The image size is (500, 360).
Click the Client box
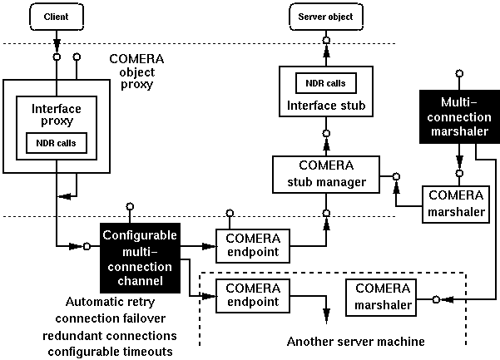[x=57, y=16]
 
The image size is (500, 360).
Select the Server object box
[x=325, y=16]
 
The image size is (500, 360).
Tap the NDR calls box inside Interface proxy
[x=57, y=141]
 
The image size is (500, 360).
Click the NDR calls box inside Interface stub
[x=326, y=83]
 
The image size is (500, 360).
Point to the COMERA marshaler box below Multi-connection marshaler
[x=454, y=204]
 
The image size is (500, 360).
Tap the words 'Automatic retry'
[x=109, y=302]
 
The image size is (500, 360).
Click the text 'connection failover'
[x=110, y=318]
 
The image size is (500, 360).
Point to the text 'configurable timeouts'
[x=109, y=351]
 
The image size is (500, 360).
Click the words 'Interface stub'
[x=326, y=105]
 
